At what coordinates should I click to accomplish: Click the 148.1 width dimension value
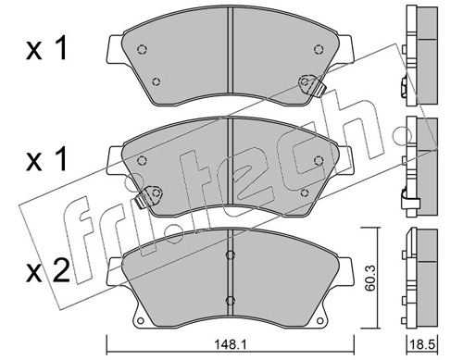pos(230,344)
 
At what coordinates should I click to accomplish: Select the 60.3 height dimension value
pos(369,279)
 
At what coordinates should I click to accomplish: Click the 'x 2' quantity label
pos(47,272)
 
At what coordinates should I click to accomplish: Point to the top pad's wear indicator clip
pos(311,85)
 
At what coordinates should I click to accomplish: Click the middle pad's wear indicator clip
pos(149,196)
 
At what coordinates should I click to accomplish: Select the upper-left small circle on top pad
pos(142,49)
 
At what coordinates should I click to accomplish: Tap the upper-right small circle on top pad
pos(319,49)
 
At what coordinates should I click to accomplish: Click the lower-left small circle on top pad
pos(156,81)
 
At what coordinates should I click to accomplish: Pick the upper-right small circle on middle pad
pos(319,160)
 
